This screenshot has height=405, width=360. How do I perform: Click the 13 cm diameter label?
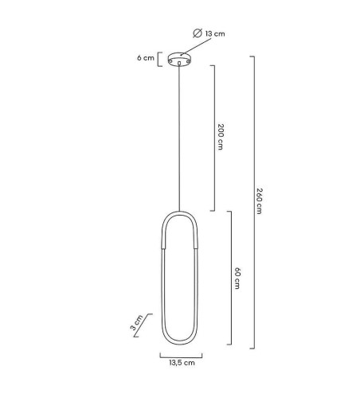point(209,33)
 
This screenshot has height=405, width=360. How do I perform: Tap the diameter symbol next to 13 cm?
point(198,33)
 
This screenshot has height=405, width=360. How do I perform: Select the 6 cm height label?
point(146,58)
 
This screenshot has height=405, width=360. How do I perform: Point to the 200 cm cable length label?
point(221,137)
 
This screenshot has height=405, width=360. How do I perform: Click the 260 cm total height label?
point(259,201)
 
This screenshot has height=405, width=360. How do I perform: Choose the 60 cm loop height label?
point(237,278)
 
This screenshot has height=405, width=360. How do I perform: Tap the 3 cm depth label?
point(137,322)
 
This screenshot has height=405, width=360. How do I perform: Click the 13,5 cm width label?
point(182,363)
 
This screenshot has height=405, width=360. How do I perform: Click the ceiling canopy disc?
point(179,59)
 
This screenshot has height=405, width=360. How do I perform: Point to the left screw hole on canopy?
point(170,61)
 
